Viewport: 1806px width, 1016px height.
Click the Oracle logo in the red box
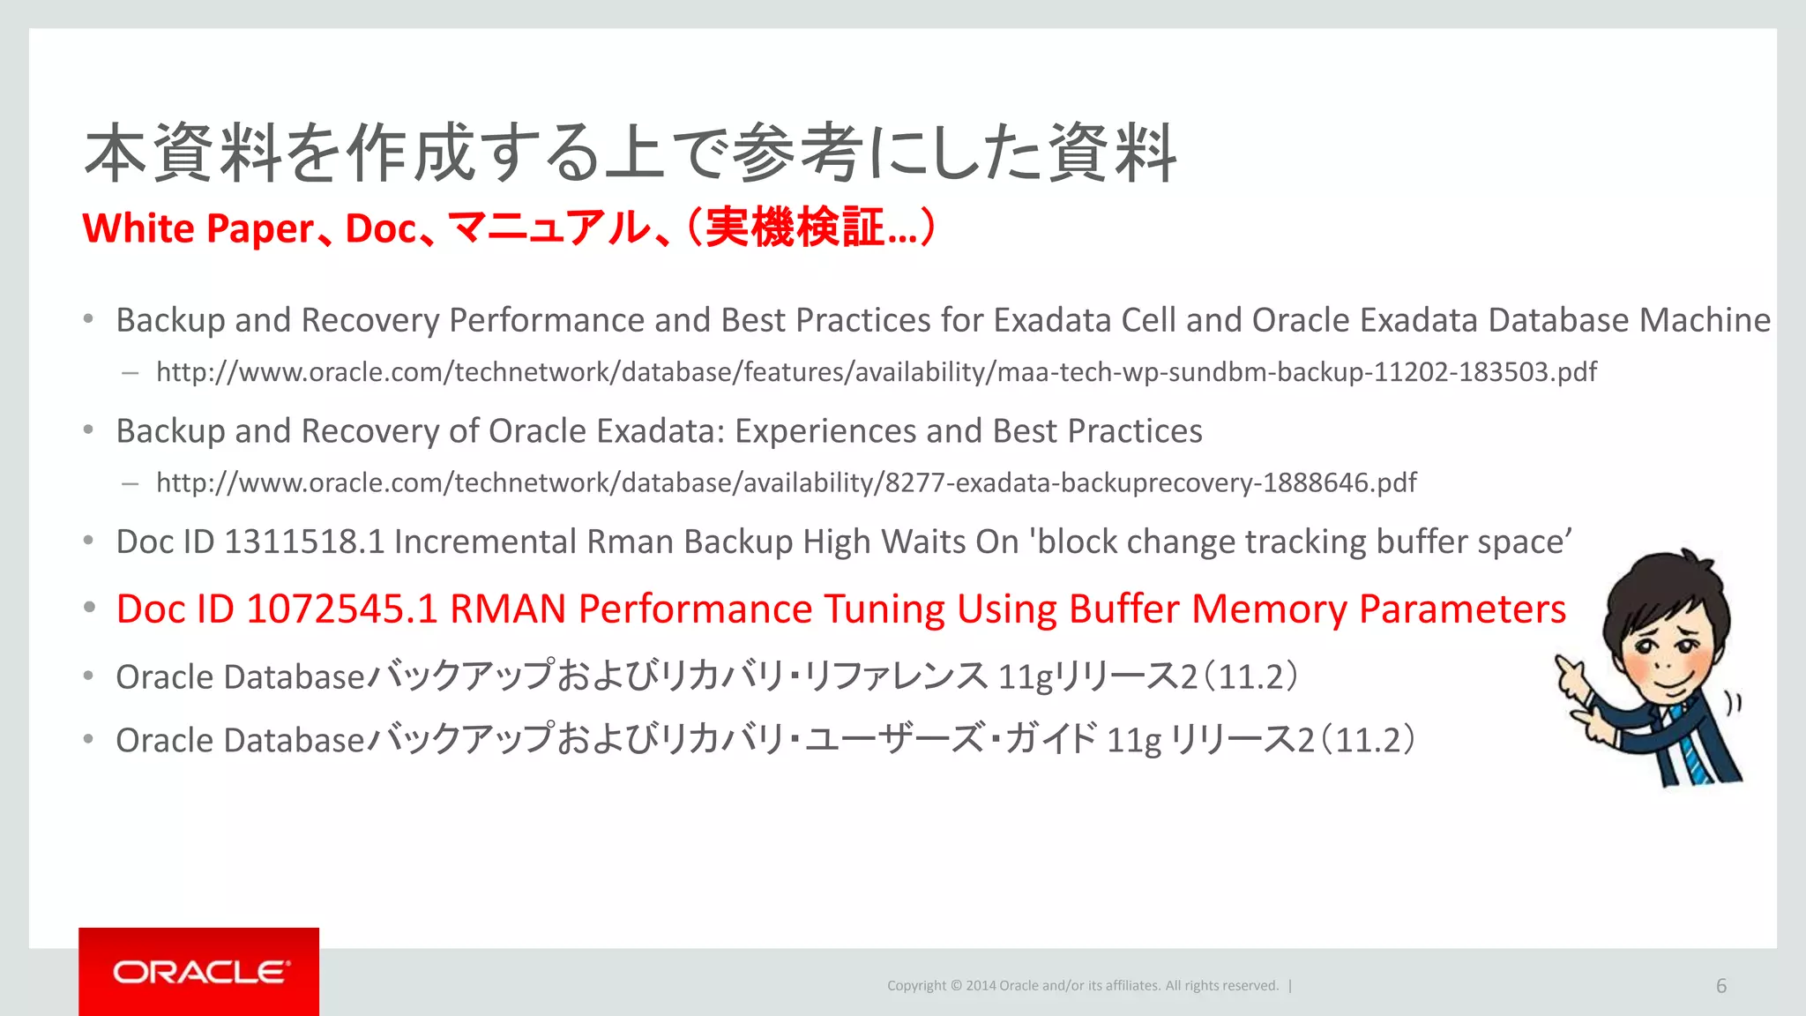(x=200, y=972)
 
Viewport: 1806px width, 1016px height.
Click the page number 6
(x=1720, y=986)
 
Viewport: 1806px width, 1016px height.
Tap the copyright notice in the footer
(x=1082, y=986)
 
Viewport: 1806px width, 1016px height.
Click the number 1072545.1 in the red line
(x=341, y=609)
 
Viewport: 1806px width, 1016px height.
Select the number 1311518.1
(x=304, y=542)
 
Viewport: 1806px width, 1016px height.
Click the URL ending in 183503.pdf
(x=876, y=372)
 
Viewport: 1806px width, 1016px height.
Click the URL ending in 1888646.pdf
(x=786, y=483)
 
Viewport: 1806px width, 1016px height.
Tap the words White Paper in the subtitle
(x=198, y=228)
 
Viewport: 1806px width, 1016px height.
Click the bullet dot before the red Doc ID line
(x=89, y=608)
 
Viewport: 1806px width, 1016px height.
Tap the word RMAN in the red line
(x=507, y=609)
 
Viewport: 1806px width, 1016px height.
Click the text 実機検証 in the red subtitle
(x=795, y=228)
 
